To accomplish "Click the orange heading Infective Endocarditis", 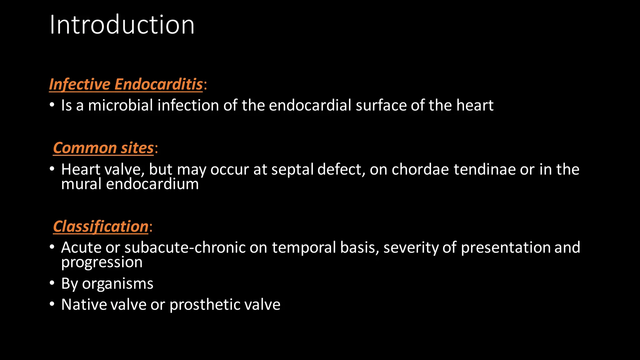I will [126, 84].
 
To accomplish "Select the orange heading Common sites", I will [103, 148].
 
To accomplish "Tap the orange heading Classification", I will [101, 226].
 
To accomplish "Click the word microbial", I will [121, 105].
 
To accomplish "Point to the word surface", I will [381, 105].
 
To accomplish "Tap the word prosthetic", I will [205, 305].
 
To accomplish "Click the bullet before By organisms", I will [52, 283].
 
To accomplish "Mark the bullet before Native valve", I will [52, 304].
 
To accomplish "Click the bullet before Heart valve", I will [52, 169].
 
